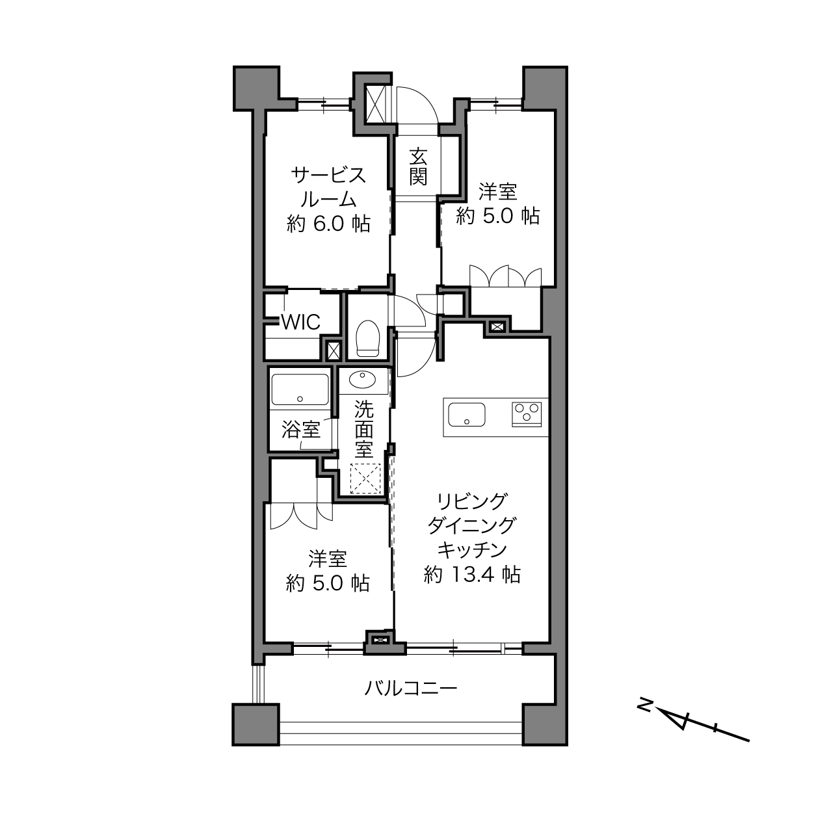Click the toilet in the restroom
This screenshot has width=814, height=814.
(369, 338)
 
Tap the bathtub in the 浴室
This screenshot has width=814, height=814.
(300, 389)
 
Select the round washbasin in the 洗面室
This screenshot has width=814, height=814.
(362, 380)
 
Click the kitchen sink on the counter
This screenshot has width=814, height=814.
(466, 414)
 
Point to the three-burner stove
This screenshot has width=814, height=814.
(527, 414)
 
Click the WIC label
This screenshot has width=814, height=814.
(301, 322)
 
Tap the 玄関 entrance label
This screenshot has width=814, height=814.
(418, 166)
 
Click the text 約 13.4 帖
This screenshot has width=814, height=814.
(471, 575)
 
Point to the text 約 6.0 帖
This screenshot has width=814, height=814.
(328, 224)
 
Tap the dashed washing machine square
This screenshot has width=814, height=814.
(366, 478)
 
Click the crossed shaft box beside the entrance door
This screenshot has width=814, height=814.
(374, 105)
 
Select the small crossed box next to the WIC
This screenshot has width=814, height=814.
(334, 350)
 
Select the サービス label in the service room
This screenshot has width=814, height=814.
(328, 175)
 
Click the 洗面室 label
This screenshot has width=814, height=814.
(363, 428)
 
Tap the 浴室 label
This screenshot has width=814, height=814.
(301, 430)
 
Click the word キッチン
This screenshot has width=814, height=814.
(472, 550)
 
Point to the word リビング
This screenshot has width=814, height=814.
(471, 502)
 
